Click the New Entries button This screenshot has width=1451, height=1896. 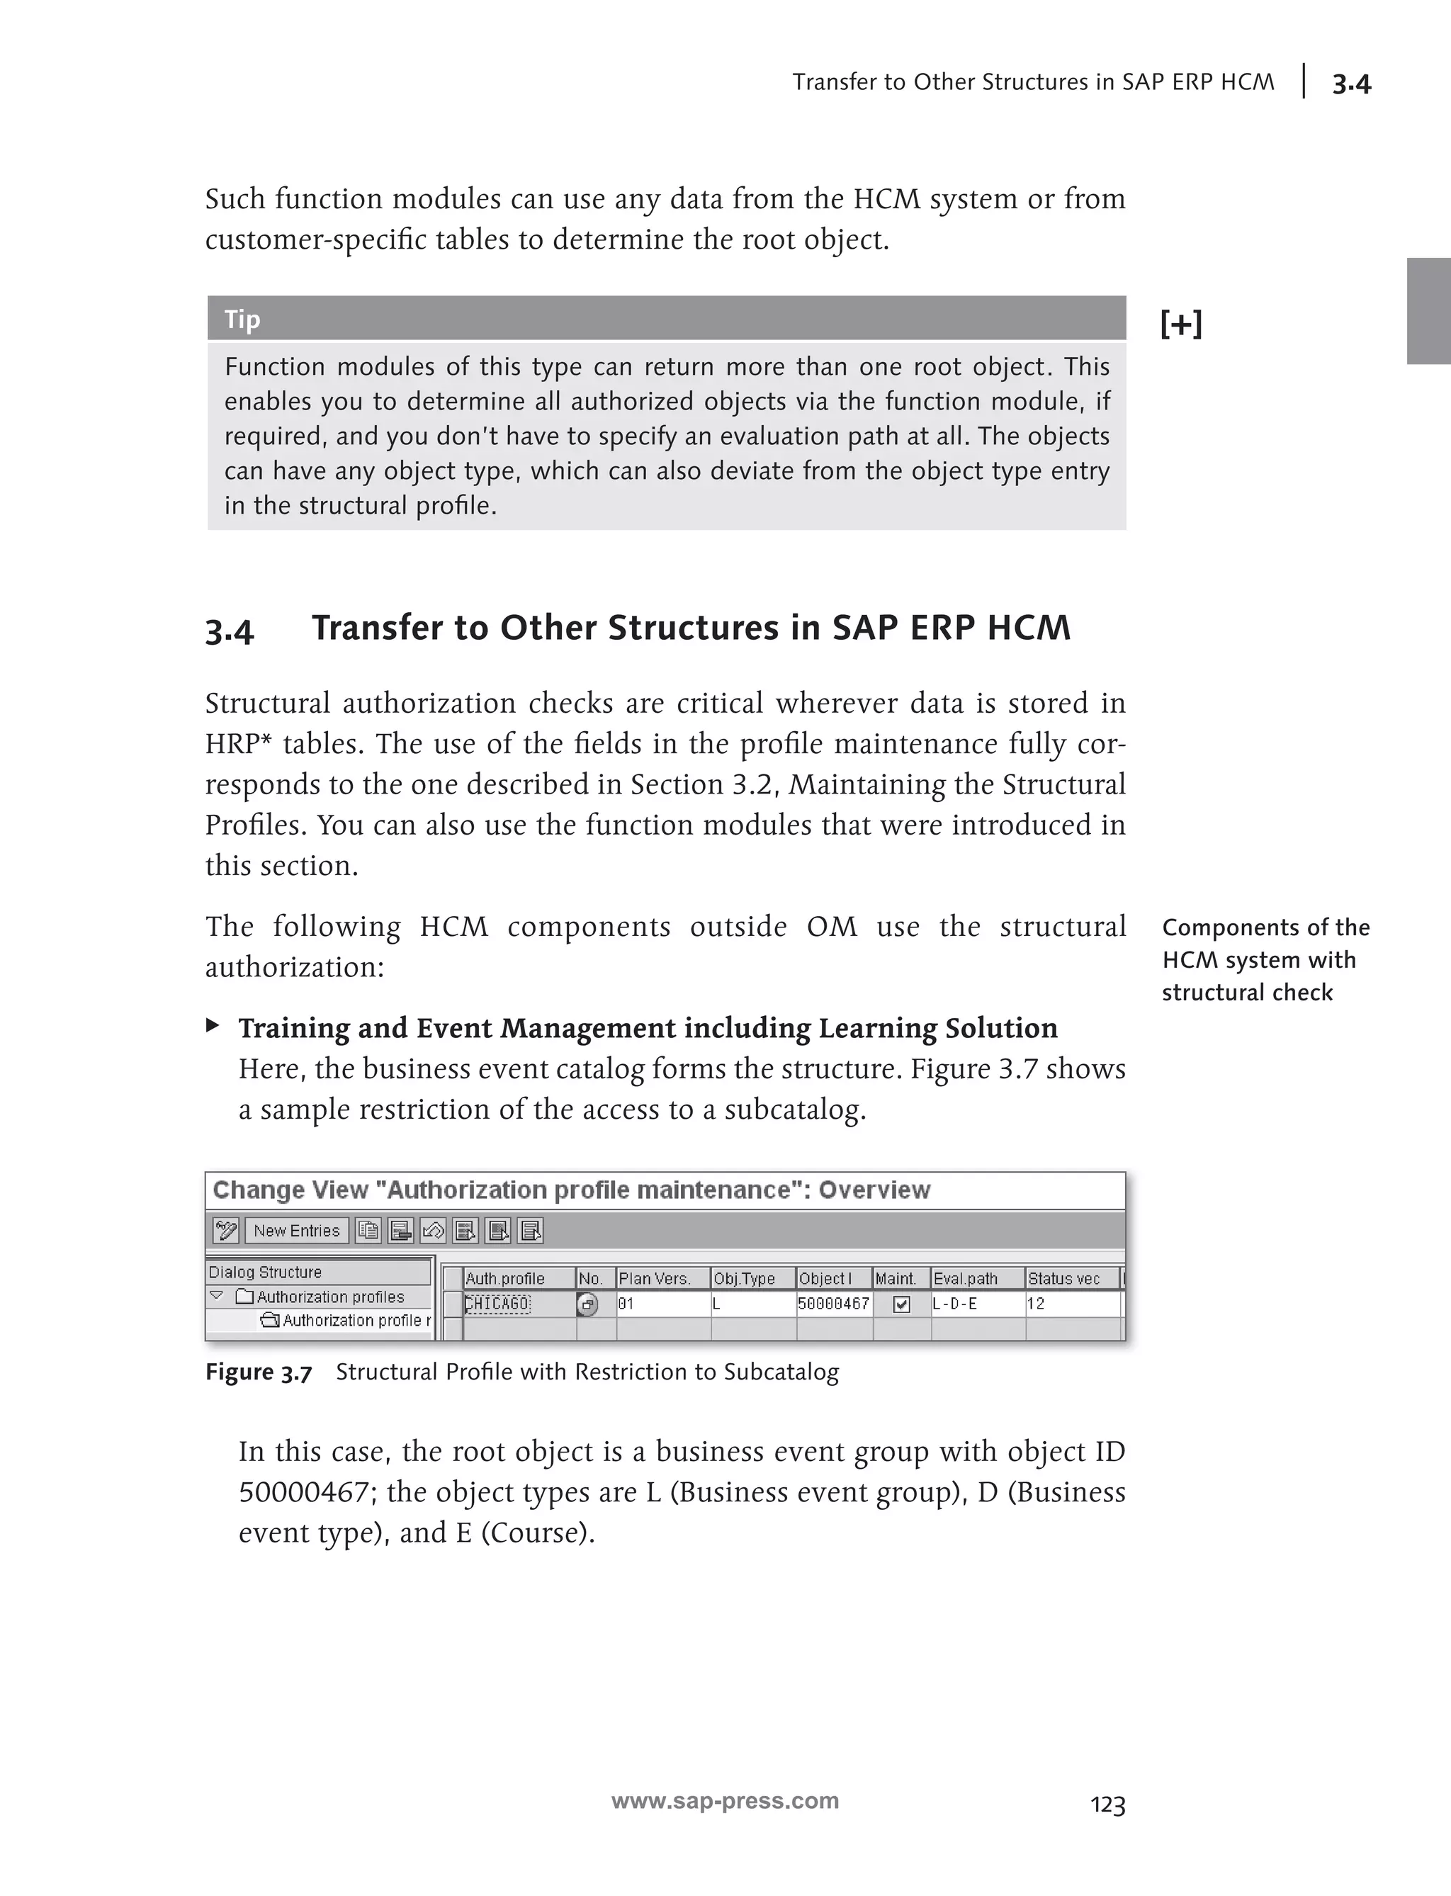coord(296,1230)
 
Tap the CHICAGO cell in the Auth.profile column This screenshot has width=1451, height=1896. coord(498,1304)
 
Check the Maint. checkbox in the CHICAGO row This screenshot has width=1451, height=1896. coord(900,1304)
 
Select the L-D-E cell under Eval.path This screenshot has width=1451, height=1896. coord(955,1304)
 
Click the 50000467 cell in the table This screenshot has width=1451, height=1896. coord(832,1304)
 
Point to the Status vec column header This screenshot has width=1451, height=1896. coord(1064,1278)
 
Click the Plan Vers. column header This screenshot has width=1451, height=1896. coord(654,1278)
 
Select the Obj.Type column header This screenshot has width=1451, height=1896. coord(744,1278)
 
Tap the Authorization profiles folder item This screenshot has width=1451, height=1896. coord(330,1297)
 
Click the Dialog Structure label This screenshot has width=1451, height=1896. coord(265,1272)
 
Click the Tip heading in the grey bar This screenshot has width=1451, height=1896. coord(243,320)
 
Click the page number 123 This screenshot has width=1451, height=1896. coord(1107,1805)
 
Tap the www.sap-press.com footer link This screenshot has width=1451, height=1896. coord(725,1800)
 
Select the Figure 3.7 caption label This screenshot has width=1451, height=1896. coord(258,1372)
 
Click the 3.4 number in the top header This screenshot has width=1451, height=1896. coord(1351,84)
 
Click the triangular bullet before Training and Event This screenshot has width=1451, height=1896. coord(213,1025)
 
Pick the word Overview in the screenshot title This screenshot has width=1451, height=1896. coord(874,1190)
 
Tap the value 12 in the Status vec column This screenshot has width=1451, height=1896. coord(1036,1304)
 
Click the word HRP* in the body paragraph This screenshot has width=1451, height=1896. coord(237,744)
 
